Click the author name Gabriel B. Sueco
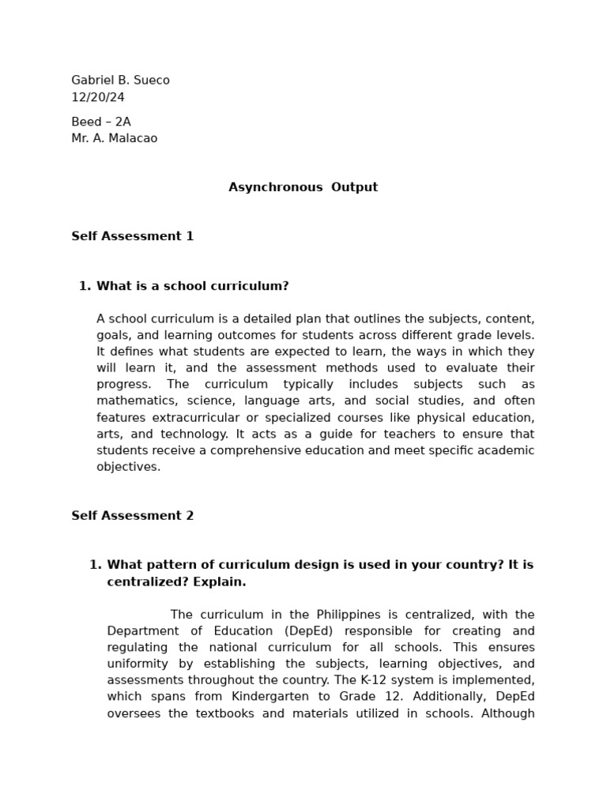[x=120, y=81]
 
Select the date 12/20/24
[x=98, y=98]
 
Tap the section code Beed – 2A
[x=101, y=122]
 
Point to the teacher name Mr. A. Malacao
[x=114, y=139]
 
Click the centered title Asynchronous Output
[x=303, y=187]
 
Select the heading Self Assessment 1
[x=132, y=236]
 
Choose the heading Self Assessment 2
[x=132, y=516]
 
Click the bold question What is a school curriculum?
[x=192, y=286]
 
